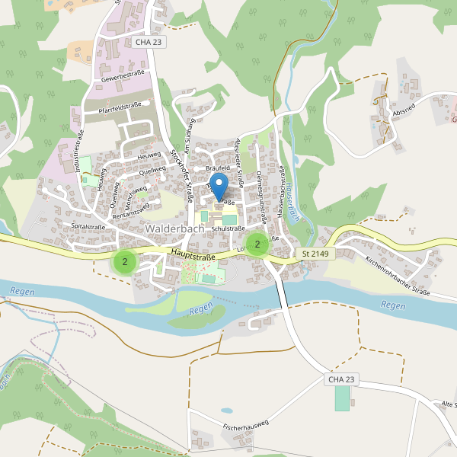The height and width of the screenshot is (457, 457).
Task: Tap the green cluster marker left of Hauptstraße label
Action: point(124,261)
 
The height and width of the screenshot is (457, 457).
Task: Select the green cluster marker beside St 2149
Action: point(257,244)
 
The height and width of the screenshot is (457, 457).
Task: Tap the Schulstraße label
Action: point(228,228)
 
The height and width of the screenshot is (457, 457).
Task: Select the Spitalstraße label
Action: point(88,226)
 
